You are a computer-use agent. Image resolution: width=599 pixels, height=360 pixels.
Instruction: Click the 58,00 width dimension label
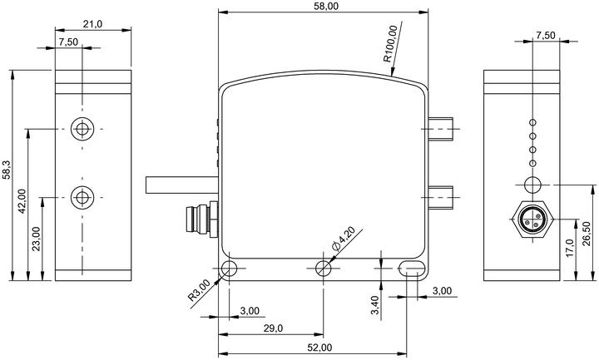323,6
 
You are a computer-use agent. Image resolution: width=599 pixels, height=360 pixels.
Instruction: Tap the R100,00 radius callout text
393,42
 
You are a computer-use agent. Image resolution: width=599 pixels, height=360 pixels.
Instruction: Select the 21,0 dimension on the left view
93,24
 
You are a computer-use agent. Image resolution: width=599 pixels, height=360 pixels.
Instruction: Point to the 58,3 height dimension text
7,170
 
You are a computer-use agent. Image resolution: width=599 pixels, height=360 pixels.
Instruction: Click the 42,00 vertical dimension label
22,201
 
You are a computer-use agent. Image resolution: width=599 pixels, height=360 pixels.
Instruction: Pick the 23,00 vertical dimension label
36,239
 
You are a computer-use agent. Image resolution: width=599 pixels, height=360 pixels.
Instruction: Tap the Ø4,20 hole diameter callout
344,239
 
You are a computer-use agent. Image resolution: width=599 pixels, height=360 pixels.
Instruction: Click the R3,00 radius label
199,291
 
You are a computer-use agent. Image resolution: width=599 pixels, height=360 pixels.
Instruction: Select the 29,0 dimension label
273,328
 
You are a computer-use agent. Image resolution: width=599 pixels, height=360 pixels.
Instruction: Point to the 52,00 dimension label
319,348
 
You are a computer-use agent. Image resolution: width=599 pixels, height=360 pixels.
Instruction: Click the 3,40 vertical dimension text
375,305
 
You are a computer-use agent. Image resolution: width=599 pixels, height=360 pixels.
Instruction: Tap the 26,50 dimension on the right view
587,234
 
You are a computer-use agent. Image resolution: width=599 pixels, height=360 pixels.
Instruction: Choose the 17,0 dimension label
571,248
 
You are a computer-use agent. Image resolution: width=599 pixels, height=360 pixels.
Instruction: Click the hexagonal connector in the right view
532,219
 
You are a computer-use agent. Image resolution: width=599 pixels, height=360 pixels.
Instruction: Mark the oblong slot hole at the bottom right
412,269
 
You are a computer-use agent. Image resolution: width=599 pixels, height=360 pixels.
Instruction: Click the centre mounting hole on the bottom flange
324,269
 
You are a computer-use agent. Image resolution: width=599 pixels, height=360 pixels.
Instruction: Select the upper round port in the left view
82,129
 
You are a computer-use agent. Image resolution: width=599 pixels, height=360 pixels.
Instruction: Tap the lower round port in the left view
82,198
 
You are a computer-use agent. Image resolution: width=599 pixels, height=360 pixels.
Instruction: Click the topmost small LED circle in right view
532,122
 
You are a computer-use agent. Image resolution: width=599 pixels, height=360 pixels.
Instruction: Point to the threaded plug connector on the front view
201,219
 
